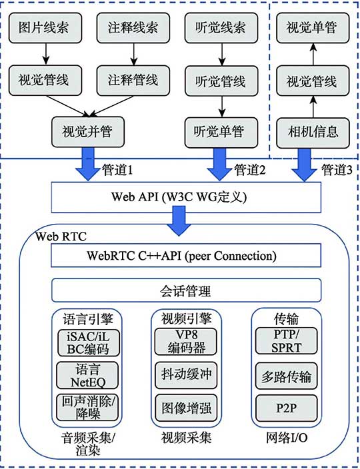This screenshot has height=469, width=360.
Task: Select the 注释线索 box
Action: (132, 31)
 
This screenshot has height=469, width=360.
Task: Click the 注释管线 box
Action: (132, 81)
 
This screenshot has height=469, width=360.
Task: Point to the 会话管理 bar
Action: (186, 290)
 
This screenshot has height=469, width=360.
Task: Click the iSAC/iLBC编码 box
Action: (88, 342)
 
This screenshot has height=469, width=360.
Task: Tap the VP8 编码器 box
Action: (186, 342)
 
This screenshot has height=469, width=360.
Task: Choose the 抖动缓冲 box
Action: (186, 374)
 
